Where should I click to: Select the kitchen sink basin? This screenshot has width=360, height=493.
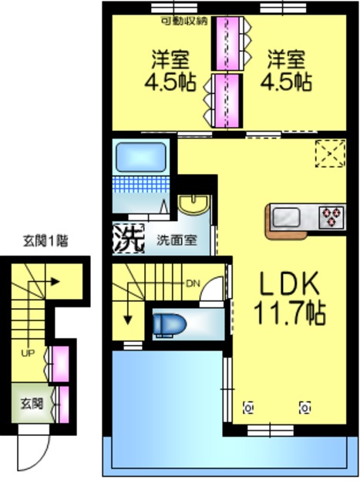[x=288, y=216]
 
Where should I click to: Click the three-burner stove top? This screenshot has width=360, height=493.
[x=333, y=216]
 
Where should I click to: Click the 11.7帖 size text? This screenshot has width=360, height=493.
[x=289, y=313]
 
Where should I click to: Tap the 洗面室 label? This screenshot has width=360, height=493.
[x=177, y=239]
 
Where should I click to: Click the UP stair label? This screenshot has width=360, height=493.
[x=28, y=354]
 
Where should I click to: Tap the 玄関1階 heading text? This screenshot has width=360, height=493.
[x=45, y=240]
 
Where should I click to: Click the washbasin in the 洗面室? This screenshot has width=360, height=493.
[x=193, y=203]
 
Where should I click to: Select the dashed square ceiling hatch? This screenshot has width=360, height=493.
[x=332, y=153]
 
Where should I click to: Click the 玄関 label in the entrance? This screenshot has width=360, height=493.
[x=31, y=402]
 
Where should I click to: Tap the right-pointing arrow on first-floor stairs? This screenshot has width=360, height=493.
[x=54, y=282]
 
